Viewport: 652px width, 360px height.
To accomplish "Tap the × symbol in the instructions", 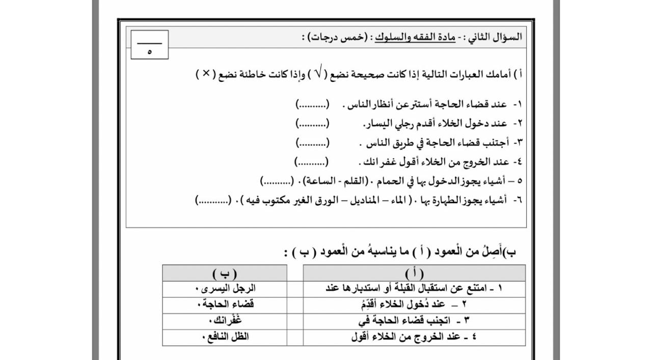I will (206, 74).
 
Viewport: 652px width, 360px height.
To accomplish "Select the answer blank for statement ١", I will (312, 105).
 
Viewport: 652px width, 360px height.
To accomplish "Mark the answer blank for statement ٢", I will (312, 124).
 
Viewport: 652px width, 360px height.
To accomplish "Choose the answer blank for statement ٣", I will (312, 143).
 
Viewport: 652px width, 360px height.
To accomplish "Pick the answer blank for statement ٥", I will (277, 181).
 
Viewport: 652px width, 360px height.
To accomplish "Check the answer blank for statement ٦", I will (212, 200).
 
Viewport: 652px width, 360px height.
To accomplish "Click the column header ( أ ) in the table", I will (414, 273).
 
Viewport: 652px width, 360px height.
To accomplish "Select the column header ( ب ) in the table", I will (225, 273).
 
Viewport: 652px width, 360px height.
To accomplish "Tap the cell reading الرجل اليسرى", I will (225, 288).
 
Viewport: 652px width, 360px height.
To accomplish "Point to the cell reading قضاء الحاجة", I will (225, 304).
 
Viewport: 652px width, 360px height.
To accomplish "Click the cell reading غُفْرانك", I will (225, 321).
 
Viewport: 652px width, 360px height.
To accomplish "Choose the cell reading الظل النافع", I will (225, 337).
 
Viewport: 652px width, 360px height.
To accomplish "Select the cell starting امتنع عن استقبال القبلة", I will (414, 288).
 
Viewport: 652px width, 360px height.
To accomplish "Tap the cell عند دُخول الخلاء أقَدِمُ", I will (414, 304).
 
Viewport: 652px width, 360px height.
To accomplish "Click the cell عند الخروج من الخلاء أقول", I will (414, 337).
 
